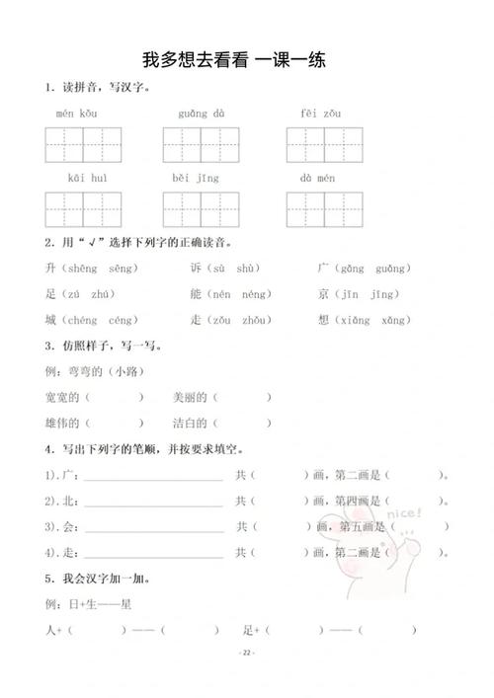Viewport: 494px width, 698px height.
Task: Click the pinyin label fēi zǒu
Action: [x=322, y=115]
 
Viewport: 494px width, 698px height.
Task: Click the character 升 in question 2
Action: [x=50, y=269]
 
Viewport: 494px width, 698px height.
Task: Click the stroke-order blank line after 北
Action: [x=153, y=502]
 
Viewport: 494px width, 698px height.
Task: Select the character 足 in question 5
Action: [x=248, y=629]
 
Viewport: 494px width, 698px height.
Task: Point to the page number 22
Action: [x=246, y=654]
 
